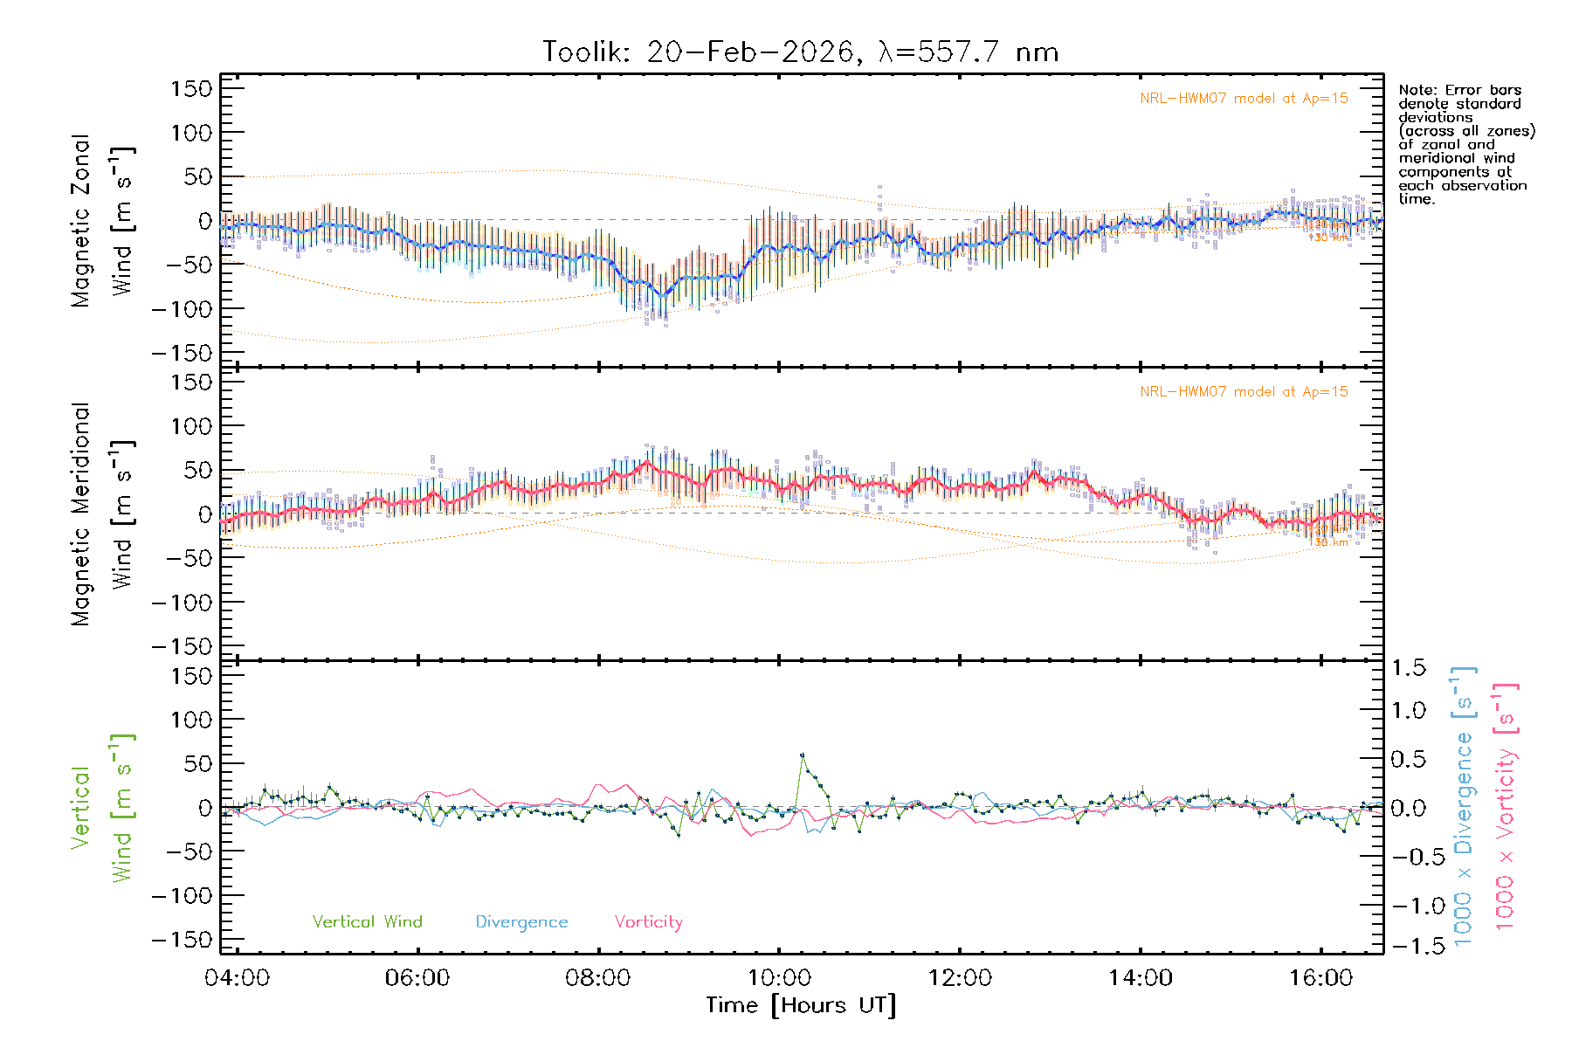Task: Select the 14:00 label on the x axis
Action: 1140,978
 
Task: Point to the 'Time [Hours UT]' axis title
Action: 801,1005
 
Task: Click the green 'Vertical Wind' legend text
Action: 367,921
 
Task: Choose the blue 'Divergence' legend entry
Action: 521,921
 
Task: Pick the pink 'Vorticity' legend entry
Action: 648,921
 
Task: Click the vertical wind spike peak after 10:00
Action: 803,755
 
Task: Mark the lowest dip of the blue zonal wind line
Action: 664,294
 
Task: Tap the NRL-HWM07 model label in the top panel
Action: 1244,98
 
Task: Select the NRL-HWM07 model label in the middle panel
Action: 1244,391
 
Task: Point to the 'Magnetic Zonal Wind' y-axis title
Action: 103,220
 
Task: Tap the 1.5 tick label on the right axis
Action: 1408,668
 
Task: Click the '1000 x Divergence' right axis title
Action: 1464,807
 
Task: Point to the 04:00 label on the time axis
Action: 237,978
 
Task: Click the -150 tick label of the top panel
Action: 182,353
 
